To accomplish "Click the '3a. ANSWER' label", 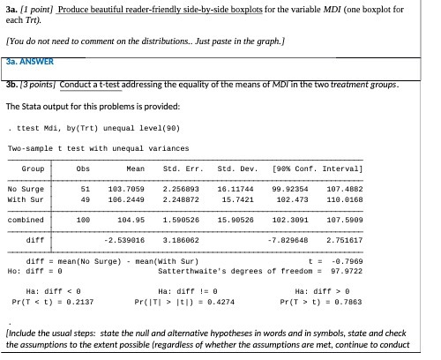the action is tap(30, 62).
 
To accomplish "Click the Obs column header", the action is tap(85, 167).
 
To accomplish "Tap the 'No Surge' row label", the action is tap(26, 188).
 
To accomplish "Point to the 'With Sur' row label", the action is tap(26, 199).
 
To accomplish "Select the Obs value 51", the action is tap(85, 188).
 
